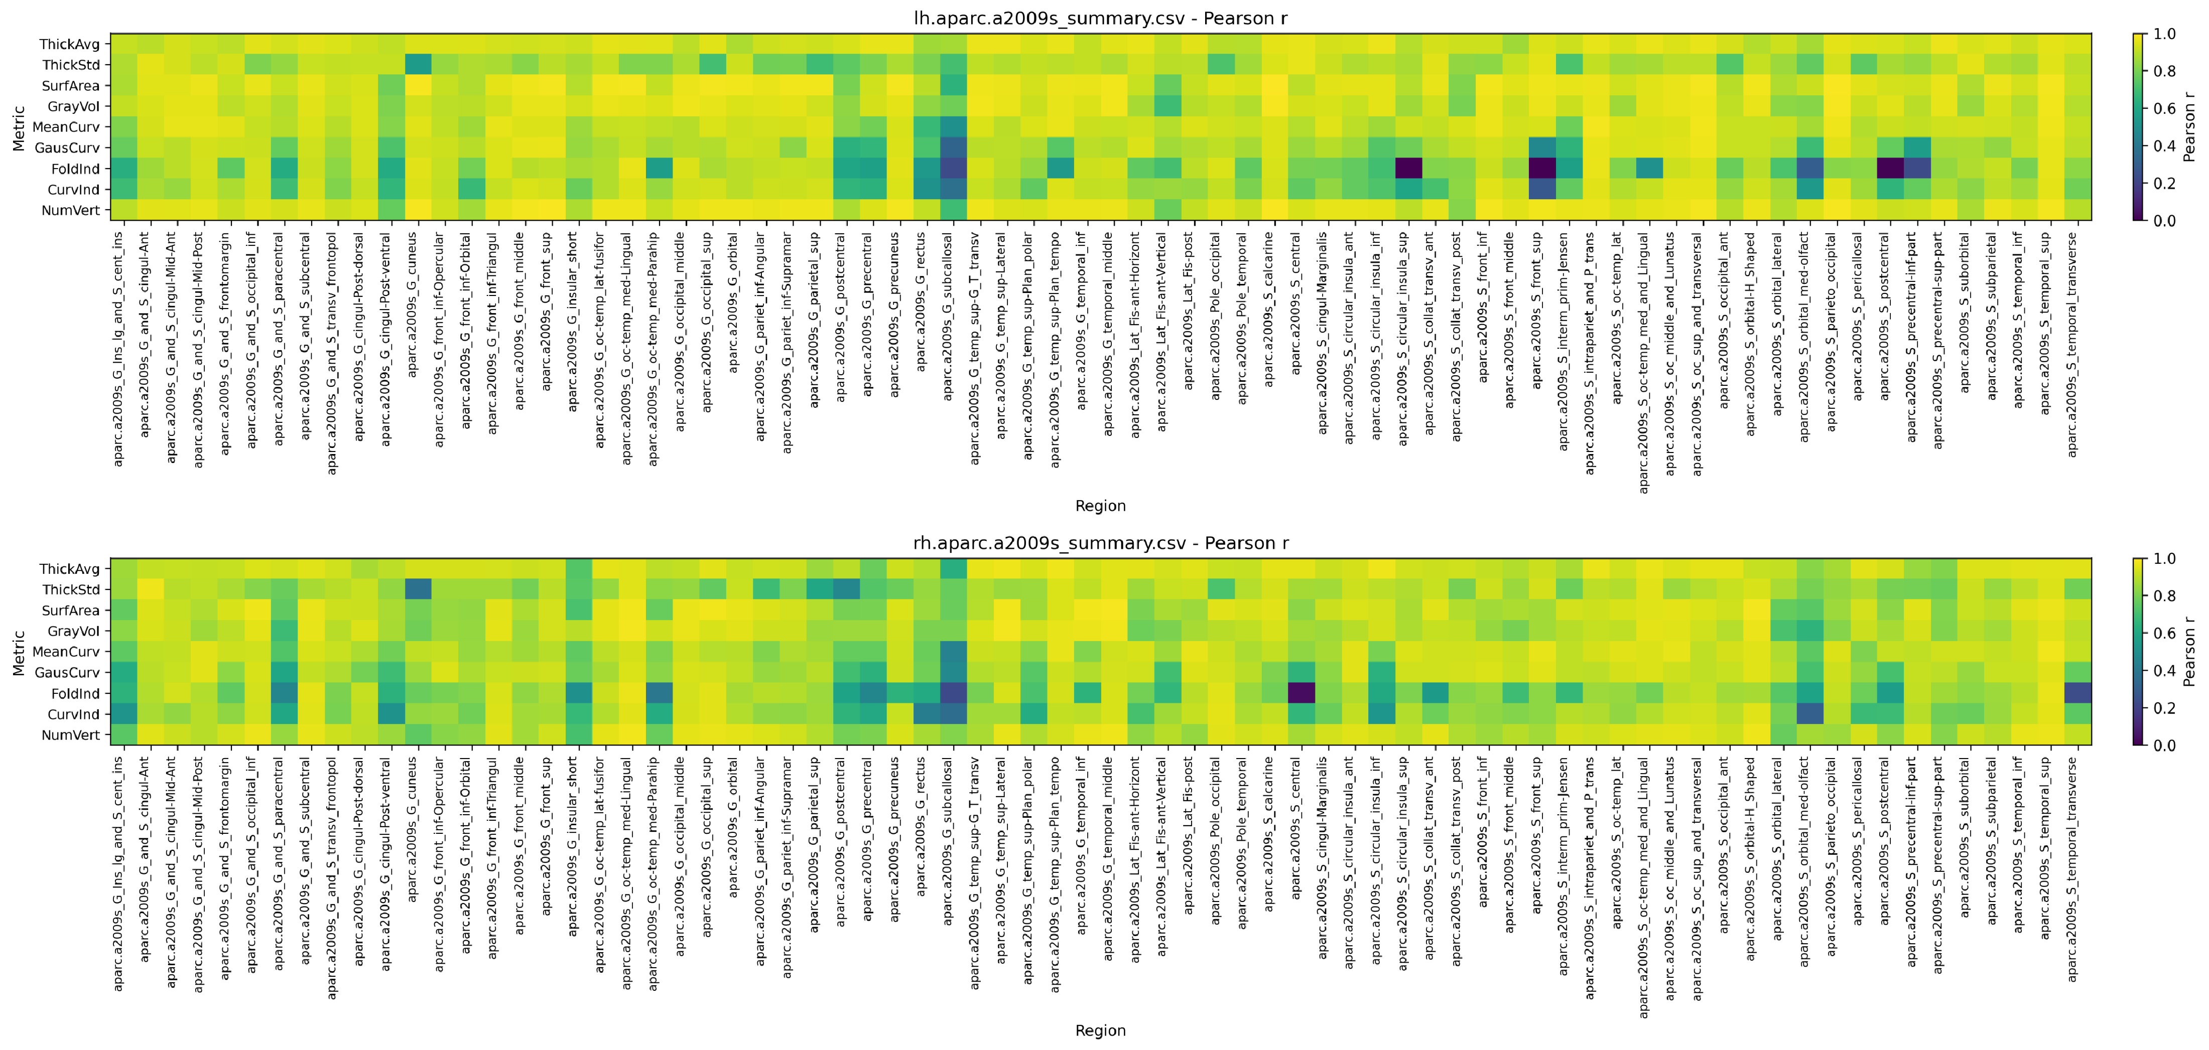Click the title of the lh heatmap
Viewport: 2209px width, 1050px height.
pos(1100,18)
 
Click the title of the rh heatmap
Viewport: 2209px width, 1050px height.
pos(1100,543)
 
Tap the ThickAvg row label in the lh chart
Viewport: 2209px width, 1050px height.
pos(69,44)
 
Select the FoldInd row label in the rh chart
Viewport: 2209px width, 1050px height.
pos(75,693)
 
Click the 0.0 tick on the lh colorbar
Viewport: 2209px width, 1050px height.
pos(2163,220)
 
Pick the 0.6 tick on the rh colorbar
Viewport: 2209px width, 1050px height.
pos(2163,634)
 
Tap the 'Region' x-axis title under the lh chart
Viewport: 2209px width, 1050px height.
pos(1100,506)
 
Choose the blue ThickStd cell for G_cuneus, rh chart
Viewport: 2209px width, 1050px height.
pos(418,589)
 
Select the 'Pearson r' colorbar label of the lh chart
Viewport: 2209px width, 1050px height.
pos(2189,127)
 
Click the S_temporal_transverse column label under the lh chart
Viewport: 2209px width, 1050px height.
pos(2072,343)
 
